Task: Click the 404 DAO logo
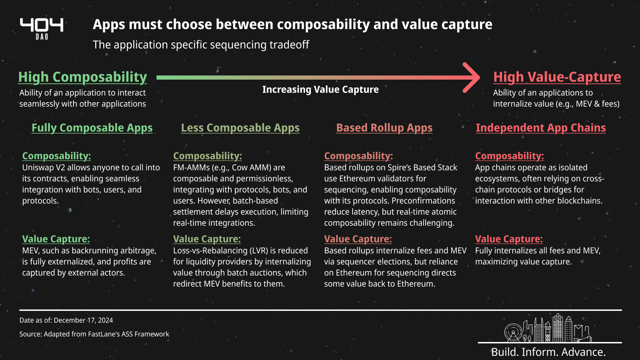tap(42, 29)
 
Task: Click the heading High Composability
tap(82, 77)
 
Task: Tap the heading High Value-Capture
tap(557, 77)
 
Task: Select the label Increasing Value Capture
tap(320, 89)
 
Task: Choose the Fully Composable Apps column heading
tap(92, 128)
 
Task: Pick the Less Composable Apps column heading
tap(240, 128)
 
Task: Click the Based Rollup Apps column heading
tap(384, 128)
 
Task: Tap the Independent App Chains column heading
tap(541, 128)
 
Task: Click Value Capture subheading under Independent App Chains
tap(509, 239)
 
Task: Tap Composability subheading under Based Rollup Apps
tap(358, 156)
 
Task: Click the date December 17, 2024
tap(83, 320)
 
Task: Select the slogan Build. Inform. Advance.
tap(549, 352)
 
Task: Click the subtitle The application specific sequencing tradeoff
tap(201, 45)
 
